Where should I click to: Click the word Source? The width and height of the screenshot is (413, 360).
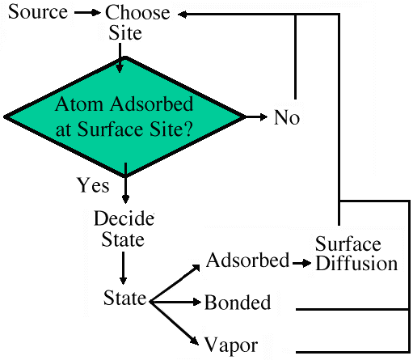click(38, 12)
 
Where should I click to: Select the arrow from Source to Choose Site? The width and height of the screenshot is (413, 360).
click(87, 12)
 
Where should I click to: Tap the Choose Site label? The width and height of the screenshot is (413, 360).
click(137, 23)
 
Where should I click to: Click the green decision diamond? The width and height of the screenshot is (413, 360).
click(124, 116)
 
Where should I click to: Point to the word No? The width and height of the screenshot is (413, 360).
click(287, 117)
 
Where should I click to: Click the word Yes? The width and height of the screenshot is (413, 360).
click(93, 185)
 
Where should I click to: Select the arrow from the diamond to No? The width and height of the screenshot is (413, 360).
click(256, 117)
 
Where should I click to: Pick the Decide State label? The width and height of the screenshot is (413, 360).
click(124, 228)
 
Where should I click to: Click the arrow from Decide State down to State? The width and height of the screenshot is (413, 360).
click(123, 268)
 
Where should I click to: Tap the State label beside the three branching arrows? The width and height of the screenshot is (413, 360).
click(124, 298)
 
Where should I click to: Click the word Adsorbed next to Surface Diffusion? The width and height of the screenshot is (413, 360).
click(247, 260)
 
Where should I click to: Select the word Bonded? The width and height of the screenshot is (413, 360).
click(238, 302)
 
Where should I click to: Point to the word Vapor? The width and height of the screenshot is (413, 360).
click(231, 345)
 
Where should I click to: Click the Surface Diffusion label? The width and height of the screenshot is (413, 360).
click(356, 253)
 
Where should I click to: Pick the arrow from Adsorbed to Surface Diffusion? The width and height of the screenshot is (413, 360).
click(301, 263)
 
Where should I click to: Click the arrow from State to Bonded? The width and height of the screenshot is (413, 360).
click(175, 302)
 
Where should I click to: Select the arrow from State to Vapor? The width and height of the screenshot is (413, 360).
click(175, 324)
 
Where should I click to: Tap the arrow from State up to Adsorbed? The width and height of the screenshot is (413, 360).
click(175, 283)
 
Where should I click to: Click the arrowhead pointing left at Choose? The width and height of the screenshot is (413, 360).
click(183, 15)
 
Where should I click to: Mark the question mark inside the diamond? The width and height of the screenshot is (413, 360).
click(188, 129)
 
